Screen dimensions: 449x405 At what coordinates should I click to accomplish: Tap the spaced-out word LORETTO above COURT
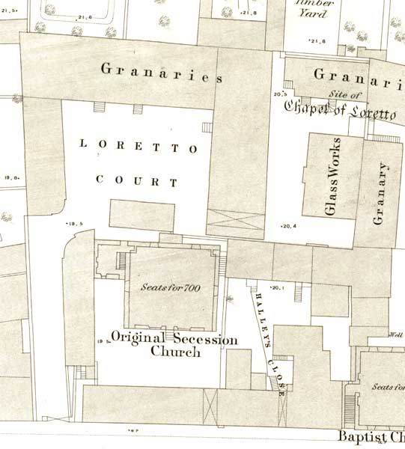138,148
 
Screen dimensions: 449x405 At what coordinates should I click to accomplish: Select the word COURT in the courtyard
137,180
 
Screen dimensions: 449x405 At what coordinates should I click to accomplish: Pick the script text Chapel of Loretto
338,109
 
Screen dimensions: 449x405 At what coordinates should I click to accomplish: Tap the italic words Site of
345,95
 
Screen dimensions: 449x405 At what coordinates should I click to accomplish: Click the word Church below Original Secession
176,352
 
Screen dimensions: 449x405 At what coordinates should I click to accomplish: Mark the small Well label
396,335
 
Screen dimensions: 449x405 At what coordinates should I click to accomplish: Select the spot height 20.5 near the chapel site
281,94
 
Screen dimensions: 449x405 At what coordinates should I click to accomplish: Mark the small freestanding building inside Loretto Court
141,214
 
